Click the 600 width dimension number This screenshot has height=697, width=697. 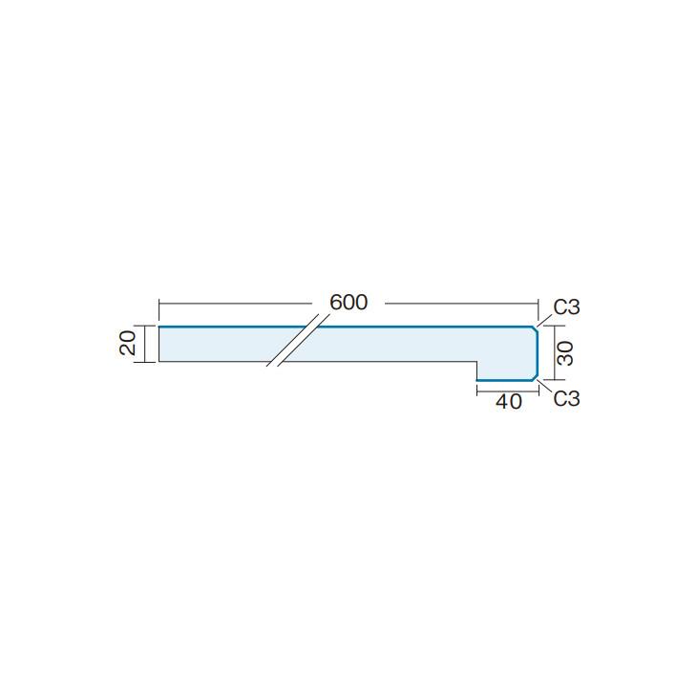pos(348,303)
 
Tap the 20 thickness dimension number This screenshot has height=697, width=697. pos(128,344)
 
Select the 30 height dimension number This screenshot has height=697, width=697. pos(565,353)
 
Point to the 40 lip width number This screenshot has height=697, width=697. pos(509,402)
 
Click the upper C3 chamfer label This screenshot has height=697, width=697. pos(567,307)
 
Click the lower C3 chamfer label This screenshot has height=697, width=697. pos(567,398)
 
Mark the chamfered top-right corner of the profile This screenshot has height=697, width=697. pos(536,328)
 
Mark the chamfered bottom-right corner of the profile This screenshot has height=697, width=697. pos(536,377)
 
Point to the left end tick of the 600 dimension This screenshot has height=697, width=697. pos(158,304)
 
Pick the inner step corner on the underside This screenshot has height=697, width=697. pos(476,362)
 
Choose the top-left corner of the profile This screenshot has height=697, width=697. pos(158,327)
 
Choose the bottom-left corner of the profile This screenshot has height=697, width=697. pos(158,362)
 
